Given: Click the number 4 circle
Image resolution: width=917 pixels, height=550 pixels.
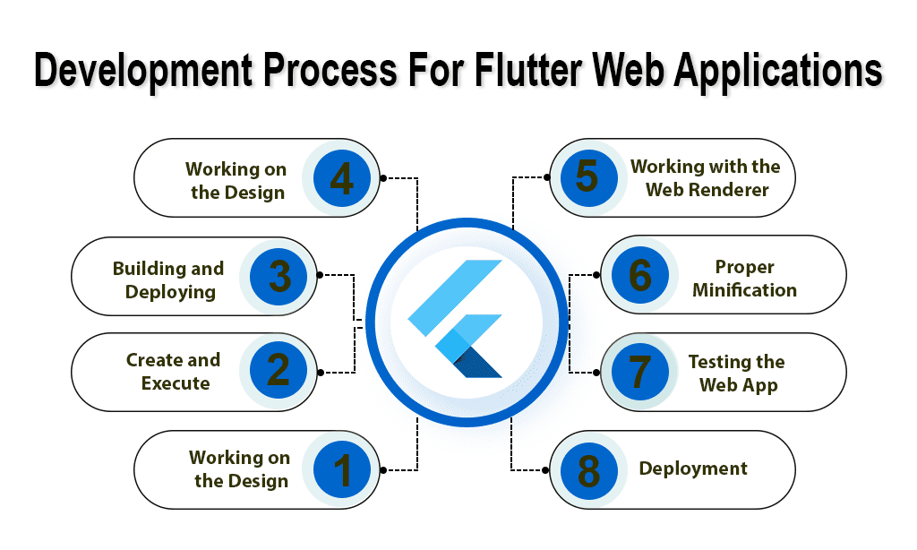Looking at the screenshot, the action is (342, 178).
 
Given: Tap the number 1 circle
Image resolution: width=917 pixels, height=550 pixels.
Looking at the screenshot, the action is (342, 470).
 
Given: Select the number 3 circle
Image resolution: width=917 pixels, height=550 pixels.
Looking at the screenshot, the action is (279, 276).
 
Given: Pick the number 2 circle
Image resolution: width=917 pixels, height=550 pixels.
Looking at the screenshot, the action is (279, 370).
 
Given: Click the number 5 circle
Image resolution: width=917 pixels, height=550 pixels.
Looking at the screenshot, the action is (588, 177).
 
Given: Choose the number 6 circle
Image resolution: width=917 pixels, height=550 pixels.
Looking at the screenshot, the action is (639, 274).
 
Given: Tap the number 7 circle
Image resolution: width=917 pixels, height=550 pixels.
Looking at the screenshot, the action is (639, 372).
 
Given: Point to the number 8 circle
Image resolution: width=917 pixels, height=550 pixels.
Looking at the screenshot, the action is (588, 470).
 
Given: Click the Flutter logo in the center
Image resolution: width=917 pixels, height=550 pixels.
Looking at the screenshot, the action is (455, 319).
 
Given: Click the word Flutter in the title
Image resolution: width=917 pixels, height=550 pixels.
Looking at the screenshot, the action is (528, 70).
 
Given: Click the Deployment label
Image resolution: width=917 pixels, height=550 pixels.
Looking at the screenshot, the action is (693, 468).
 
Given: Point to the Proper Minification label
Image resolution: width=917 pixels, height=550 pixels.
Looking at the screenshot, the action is (744, 279).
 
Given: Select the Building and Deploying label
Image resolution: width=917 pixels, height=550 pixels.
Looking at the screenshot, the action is (168, 280).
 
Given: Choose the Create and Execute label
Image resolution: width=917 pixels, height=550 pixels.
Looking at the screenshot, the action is (174, 372).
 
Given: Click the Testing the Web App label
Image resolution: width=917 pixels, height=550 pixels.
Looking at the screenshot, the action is (737, 374).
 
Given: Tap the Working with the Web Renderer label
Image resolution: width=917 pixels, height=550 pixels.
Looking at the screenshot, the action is (706, 178).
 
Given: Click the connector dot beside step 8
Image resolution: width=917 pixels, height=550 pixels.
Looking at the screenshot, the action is (545, 470).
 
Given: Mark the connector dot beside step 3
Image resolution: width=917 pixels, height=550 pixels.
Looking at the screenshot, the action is (320, 274).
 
